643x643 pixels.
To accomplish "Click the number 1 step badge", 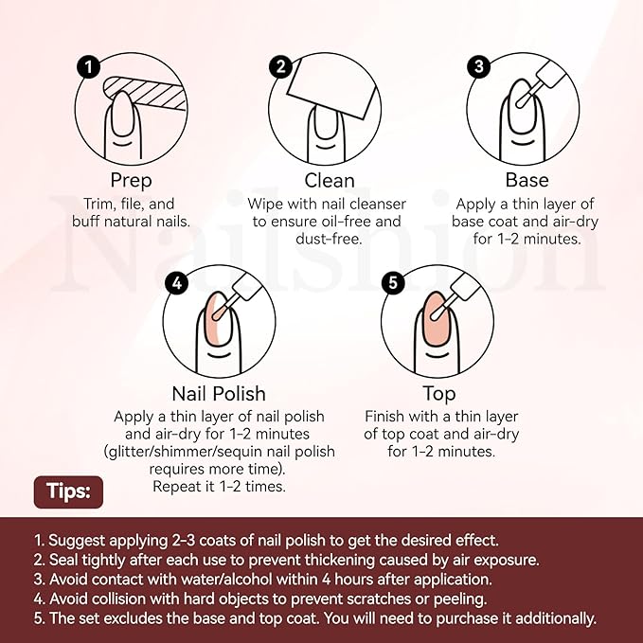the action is (89, 67).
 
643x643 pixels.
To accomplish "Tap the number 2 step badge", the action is (280, 67).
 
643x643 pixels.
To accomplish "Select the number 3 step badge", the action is (478, 67).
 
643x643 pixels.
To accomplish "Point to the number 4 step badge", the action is (177, 283).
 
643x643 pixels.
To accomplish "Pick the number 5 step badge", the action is (393, 283).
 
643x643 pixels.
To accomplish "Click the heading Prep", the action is (132, 181).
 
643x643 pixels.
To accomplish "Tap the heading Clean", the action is (330, 181).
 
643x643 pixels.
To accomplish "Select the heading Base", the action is (527, 180).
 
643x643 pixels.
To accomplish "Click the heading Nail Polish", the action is (219, 394).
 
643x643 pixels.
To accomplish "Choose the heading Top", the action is (439, 394).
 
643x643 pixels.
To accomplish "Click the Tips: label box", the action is (68, 492).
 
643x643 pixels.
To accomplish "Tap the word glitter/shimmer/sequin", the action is (185, 452).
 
